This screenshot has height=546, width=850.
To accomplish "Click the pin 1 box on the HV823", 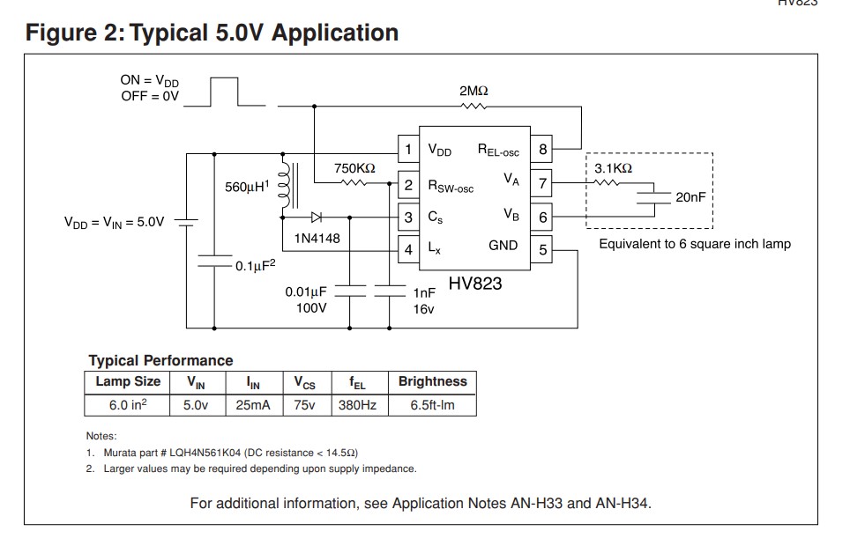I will click(407, 150).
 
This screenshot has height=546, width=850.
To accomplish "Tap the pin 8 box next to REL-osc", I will click(543, 150).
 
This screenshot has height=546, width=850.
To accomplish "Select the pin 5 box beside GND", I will click(543, 250).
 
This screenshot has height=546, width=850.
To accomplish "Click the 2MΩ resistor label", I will click(473, 91).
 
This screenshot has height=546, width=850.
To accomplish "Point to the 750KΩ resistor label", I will click(354, 167).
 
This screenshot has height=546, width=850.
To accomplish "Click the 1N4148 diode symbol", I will click(316, 216).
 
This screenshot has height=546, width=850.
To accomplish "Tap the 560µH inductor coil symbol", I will click(284, 186).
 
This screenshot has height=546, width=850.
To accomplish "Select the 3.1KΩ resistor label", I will click(613, 167).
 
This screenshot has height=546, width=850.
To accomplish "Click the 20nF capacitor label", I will click(690, 198).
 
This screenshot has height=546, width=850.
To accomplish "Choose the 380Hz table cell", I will click(357, 406).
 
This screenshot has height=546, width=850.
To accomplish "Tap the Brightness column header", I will click(432, 382).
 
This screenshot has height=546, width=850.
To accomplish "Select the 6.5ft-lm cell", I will click(432, 406).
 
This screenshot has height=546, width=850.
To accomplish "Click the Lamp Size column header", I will click(128, 382).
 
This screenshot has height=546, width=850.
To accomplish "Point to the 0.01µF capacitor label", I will click(306, 291).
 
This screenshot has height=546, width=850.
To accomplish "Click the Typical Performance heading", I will click(160, 360).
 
